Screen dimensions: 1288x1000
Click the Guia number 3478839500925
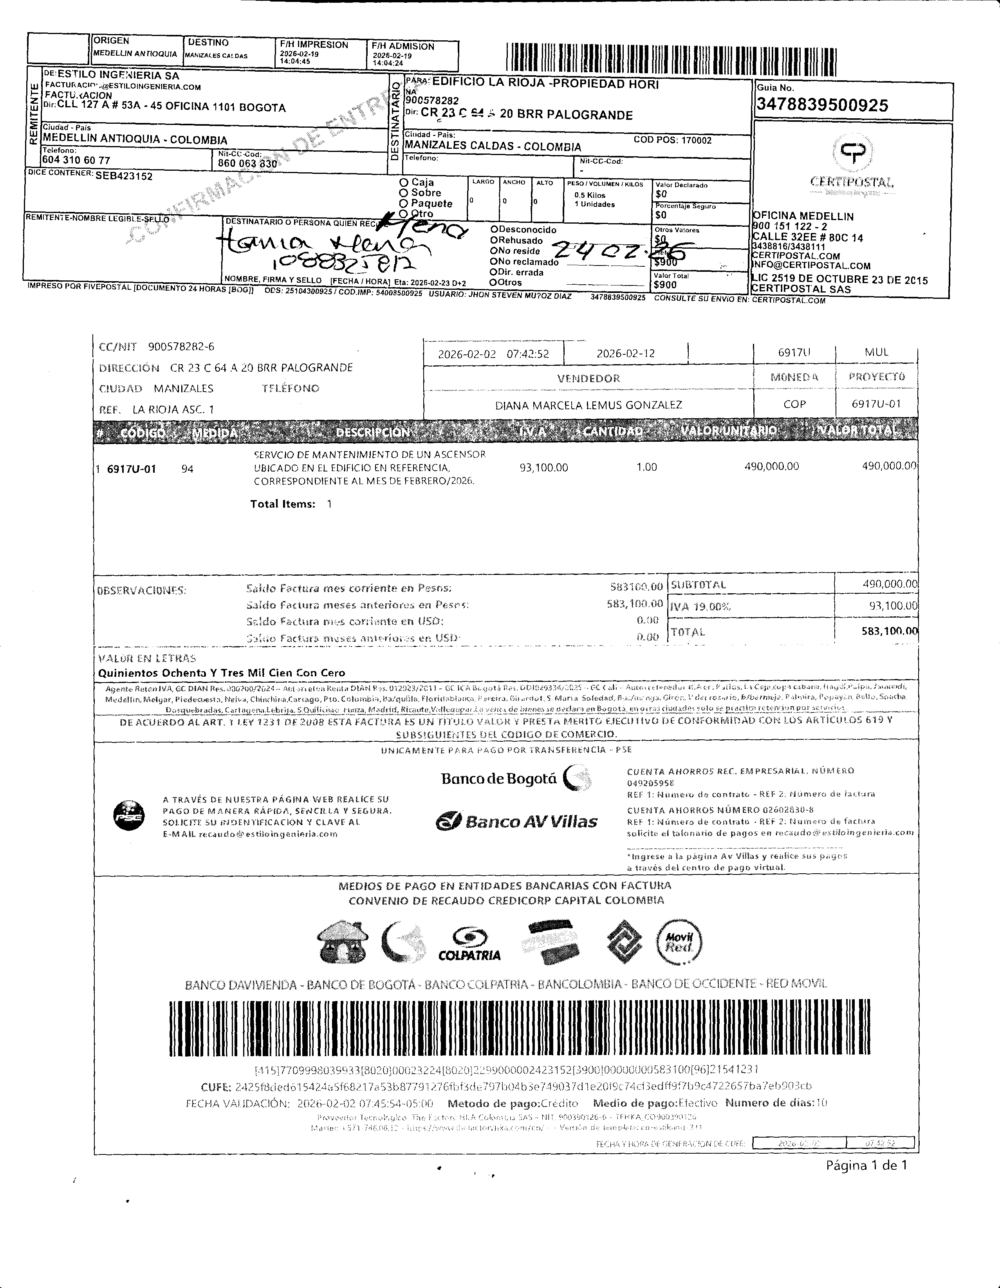pyautogui.click(x=822, y=106)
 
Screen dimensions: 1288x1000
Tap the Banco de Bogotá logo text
pyautogui.click(x=499, y=779)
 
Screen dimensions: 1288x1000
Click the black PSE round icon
pyautogui.click(x=128, y=816)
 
